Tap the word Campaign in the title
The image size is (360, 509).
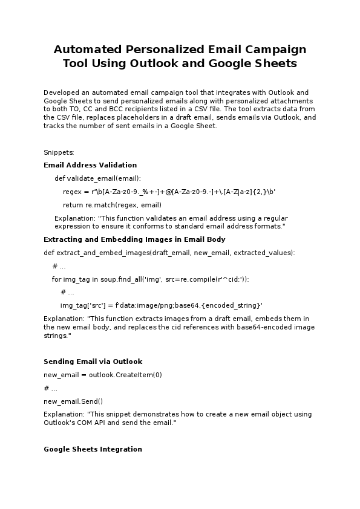(275, 50)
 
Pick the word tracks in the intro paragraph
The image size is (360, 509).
(53, 126)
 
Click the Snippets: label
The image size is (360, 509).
(59, 152)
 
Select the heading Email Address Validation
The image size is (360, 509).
(90, 165)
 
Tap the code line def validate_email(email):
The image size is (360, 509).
(97, 178)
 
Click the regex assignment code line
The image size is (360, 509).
(169, 192)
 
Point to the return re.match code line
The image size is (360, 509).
(112, 205)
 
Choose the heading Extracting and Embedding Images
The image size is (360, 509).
(134, 239)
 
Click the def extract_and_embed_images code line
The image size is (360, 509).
(169, 253)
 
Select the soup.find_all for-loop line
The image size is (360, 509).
(150, 279)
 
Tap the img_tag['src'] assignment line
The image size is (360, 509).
(161, 305)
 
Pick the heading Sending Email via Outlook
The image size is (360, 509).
(93, 361)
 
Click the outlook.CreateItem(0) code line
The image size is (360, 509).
(103, 375)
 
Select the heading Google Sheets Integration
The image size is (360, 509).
(93, 449)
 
